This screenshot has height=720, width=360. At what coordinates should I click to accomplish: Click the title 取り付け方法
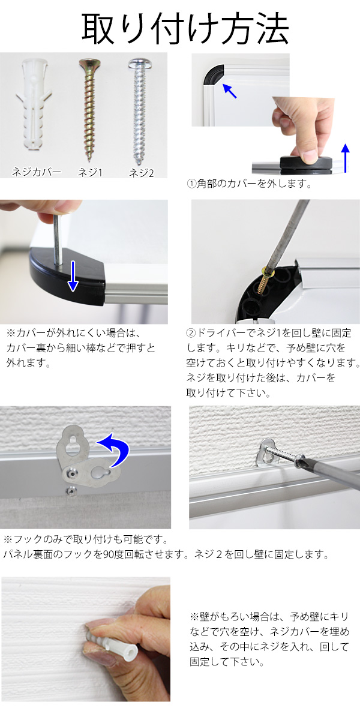pos(185,28)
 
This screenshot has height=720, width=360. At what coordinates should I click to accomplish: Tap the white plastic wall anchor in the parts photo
pos(34,104)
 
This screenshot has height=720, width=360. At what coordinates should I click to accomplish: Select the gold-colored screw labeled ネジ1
pos(89,110)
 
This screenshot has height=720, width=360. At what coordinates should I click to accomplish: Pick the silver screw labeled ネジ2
pos(139,111)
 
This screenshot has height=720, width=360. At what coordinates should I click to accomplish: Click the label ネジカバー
pos(37,172)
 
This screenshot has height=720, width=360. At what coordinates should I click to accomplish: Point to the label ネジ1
pos(91,173)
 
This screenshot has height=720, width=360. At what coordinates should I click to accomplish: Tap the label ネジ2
pos(142,173)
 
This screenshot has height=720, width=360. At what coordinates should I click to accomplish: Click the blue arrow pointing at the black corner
pos(229,91)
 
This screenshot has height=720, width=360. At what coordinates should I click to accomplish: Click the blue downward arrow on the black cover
pos(73,276)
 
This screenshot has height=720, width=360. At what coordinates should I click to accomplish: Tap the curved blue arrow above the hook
pos(116,448)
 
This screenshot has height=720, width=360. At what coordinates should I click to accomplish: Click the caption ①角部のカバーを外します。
pos(249,184)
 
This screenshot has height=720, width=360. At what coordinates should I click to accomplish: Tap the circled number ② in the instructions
pos(191,332)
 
